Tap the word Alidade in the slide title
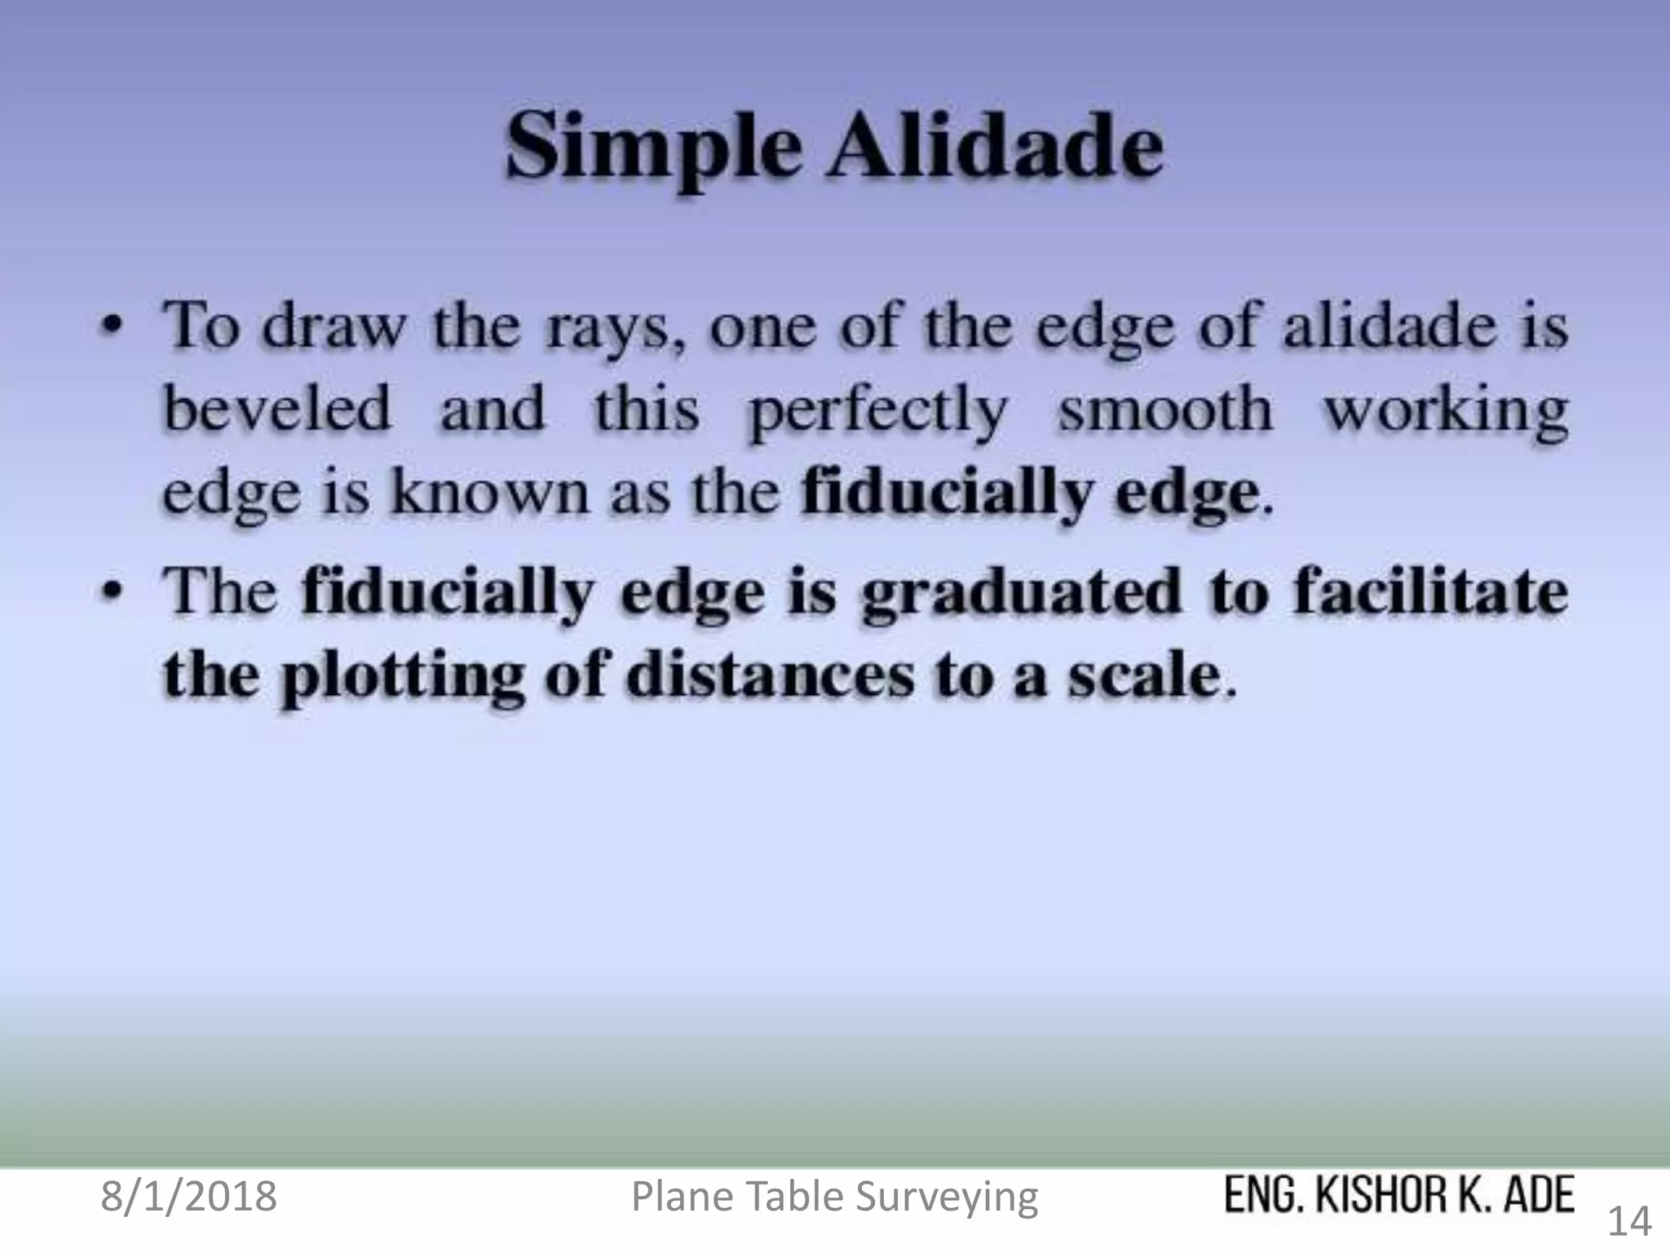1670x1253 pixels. coord(996,147)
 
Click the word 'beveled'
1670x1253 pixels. coord(276,409)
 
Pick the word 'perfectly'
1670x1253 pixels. coord(877,412)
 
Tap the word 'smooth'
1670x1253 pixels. coord(1165,409)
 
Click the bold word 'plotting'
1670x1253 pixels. coord(401,679)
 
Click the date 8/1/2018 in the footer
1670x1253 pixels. coord(188,1197)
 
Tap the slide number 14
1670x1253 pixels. coord(1628,1222)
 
